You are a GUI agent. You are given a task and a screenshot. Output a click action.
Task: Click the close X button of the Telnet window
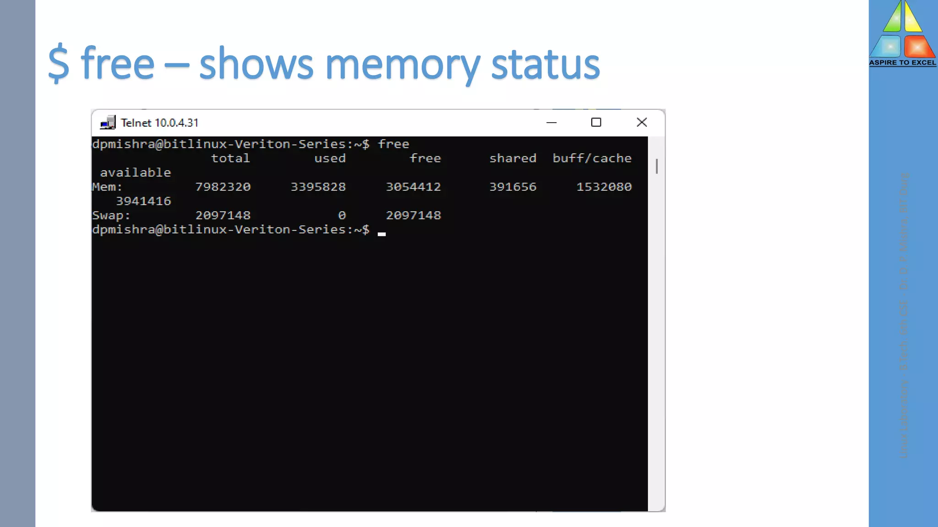pos(642,122)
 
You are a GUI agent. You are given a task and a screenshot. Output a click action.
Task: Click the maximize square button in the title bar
pos(596,122)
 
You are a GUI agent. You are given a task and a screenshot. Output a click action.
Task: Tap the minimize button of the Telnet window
pos(551,123)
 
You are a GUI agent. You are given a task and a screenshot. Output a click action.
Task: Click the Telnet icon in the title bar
pos(108,123)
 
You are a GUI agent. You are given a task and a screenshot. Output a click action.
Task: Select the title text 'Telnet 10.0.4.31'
pos(159,123)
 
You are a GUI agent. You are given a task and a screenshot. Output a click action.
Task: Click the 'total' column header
pos(230,158)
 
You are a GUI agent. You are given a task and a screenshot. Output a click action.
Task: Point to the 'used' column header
pos(330,158)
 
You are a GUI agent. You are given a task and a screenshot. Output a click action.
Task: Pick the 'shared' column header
pos(513,158)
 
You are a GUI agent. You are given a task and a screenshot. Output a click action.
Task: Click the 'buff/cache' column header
pos(592,158)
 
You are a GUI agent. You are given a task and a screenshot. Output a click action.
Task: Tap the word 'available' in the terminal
pos(135,172)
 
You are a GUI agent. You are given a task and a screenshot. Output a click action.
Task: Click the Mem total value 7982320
pos(223,187)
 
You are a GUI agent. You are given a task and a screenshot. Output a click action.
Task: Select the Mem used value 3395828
pos(318,187)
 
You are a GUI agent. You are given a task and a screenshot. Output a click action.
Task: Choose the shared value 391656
pos(513,187)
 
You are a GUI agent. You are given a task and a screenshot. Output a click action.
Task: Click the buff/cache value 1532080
pos(604,187)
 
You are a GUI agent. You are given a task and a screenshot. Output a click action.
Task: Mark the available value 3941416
pos(143,201)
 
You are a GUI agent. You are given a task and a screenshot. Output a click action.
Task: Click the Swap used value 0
pos(342,215)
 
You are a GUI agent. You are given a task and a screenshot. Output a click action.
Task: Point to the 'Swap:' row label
pos(111,215)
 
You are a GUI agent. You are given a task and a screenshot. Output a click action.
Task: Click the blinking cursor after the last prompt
pos(382,233)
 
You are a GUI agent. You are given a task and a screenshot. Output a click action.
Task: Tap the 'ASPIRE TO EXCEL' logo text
pos(902,63)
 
